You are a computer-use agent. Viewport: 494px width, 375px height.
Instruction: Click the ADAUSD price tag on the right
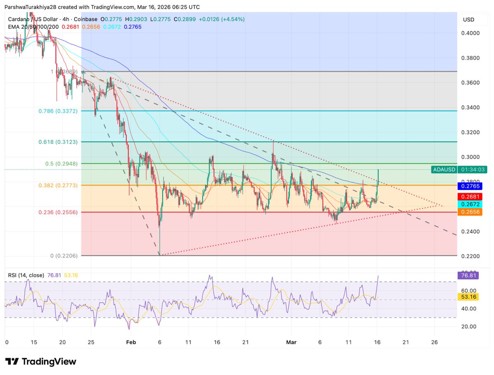(x=444, y=169)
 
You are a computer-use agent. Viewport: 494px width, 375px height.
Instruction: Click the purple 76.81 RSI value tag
(x=468, y=275)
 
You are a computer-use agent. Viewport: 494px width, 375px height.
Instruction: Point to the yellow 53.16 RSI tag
(x=468, y=297)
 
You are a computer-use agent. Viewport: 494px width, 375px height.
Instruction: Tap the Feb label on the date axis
(x=131, y=342)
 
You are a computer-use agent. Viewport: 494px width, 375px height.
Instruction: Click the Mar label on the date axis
(x=291, y=342)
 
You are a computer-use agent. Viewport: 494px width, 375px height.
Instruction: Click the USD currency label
(x=468, y=20)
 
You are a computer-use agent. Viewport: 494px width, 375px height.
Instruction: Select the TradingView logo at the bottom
(x=41, y=362)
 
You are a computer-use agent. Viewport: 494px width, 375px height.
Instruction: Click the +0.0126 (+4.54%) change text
(x=222, y=19)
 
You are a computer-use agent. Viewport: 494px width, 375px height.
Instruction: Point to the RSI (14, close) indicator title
(x=26, y=275)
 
